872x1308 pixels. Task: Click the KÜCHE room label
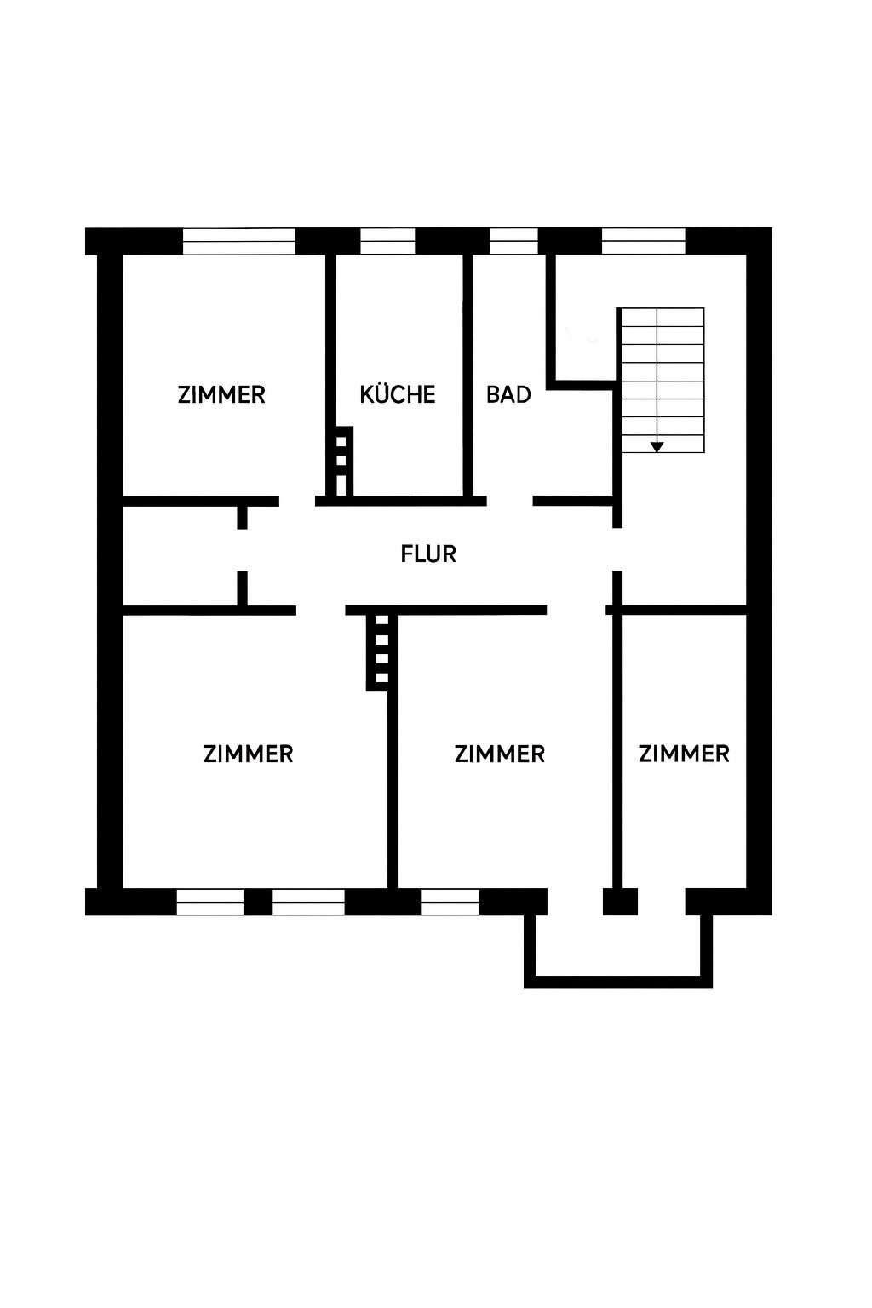[398, 394]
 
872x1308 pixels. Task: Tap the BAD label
[508, 394]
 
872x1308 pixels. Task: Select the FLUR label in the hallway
[428, 554]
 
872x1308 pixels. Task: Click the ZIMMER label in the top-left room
[221, 394]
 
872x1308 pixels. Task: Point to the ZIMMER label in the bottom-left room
[248, 754]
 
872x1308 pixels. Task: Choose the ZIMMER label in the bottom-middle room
[499, 754]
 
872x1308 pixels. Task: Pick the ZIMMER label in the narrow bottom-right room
[684, 754]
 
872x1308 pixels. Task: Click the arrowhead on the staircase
[657, 446]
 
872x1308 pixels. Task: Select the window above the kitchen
[387, 241]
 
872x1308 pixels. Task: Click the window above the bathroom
[513, 241]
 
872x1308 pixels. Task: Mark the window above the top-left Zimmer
[239, 241]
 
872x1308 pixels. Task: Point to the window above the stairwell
[643, 241]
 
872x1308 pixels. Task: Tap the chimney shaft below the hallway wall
[381, 651]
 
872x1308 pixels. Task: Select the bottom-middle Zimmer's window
[450, 902]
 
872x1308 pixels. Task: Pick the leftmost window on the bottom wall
[209, 902]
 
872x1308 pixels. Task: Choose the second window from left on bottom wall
[308, 902]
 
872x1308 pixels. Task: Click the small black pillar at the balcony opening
[620, 902]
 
